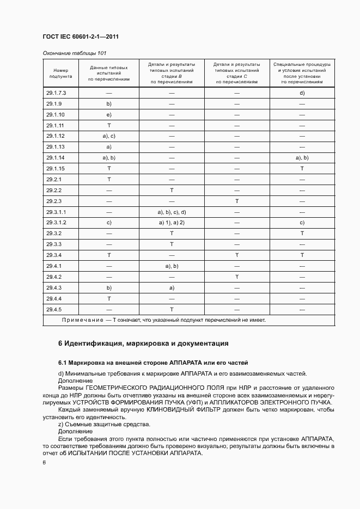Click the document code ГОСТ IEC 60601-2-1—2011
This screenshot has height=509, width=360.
tap(81, 36)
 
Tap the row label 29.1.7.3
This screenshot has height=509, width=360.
tap(56, 93)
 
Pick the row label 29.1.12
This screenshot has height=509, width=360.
tap(56, 136)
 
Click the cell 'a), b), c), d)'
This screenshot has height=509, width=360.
tap(172, 212)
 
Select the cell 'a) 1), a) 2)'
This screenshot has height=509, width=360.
tap(172, 223)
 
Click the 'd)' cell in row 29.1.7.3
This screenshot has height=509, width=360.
tap(302, 93)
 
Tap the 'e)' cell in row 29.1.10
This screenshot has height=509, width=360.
tap(109, 115)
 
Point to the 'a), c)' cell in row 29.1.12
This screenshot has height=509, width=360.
tap(109, 136)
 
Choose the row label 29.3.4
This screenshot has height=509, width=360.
tap(54, 255)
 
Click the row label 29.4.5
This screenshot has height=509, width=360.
tap(54, 309)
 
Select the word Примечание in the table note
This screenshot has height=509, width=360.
tap(82, 320)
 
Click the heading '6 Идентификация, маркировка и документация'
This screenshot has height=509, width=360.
tap(143, 344)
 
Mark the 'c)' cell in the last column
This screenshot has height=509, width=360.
tap(302, 223)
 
